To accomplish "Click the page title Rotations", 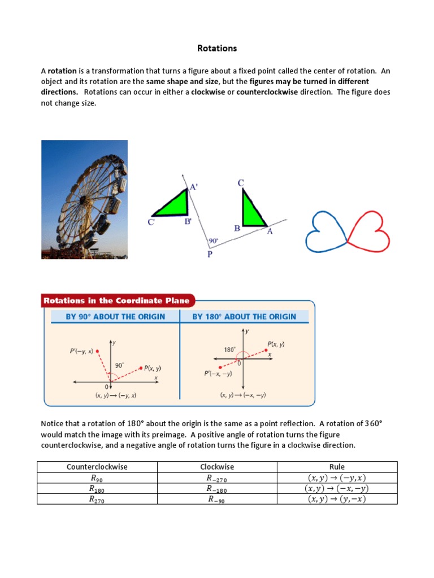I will [217, 49].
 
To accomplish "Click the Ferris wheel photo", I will [84, 199].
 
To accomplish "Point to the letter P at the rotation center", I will [210, 254].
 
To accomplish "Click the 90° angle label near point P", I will [214, 240].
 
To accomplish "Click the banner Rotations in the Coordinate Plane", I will [118, 301].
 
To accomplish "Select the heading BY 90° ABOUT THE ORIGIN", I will [115, 317].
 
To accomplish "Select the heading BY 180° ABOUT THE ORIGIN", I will [244, 317].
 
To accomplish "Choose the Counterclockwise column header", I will [97, 467].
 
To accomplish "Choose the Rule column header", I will [337, 467].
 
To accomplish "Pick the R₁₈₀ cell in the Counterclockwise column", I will [97, 489].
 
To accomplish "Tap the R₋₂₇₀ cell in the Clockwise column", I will [217, 478].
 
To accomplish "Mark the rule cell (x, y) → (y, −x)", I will [337, 499].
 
